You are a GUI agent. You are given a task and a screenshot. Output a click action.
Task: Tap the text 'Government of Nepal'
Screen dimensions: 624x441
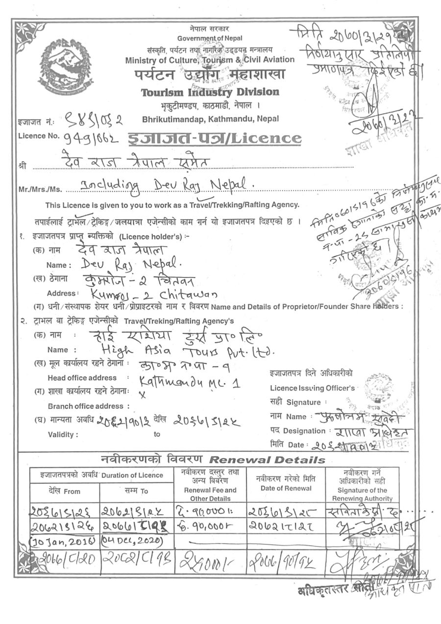tap(210, 38)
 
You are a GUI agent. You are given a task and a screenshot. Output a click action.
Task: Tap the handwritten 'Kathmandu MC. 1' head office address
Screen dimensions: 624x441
tap(189, 381)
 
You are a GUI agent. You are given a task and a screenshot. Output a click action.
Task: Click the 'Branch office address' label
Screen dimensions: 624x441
tap(89, 406)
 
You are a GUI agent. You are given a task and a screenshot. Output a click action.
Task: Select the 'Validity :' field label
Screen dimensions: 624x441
tap(63, 434)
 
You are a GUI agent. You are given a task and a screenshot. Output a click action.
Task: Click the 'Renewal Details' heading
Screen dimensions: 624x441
tap(267, 460)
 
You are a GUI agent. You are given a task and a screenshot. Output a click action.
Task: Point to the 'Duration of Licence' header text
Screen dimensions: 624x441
tap(132, 475)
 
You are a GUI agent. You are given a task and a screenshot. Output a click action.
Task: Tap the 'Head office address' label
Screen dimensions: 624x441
tap(82, 378)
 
